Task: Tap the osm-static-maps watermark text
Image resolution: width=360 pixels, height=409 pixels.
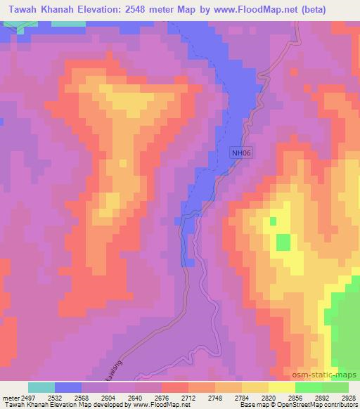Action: click(x=330, y=375)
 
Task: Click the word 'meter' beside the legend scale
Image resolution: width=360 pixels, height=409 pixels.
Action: click(x=9, y=397)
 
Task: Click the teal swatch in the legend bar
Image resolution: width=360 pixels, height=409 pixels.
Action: click(x=41, y=387)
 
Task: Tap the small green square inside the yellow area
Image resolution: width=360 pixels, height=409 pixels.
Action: click(x=283, y=242)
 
